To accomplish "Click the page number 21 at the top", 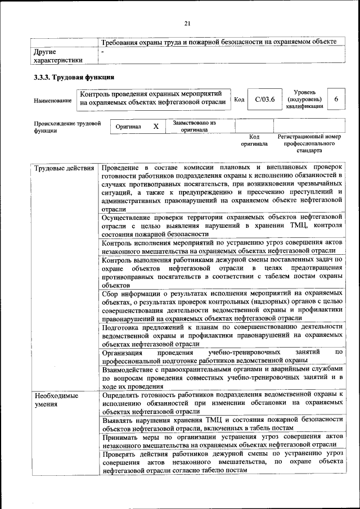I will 187,22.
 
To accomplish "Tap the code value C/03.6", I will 264,100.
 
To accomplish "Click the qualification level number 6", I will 336,99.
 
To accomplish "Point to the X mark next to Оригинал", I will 156,127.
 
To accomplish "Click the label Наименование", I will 52,101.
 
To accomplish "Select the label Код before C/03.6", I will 239,100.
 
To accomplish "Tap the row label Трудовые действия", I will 64,168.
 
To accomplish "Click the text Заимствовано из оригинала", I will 194,126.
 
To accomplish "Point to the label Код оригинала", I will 254,140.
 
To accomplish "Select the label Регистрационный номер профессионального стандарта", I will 309,143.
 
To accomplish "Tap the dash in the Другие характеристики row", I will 102,52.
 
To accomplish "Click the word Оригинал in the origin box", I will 128,128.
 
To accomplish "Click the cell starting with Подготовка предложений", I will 222,335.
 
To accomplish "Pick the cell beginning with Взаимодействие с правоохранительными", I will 222,378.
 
